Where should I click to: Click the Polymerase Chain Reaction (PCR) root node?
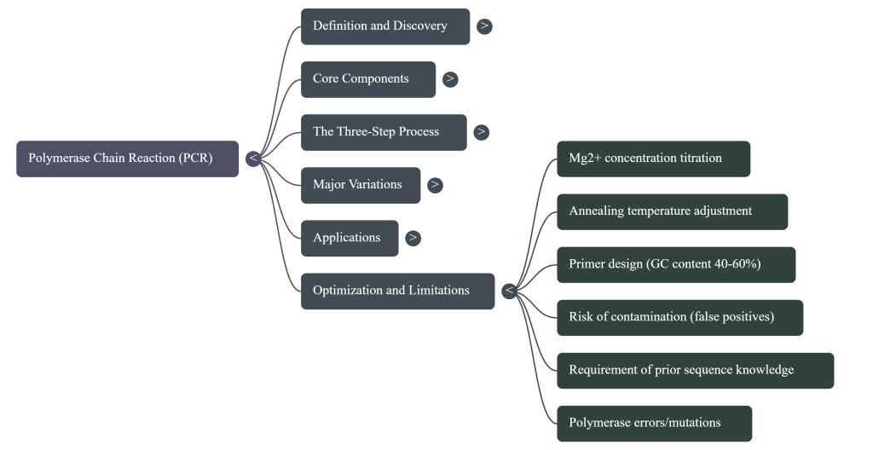tap(127, 159)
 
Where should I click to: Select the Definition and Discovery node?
tap(384, 26)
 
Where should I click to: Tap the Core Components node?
tap(367, 79)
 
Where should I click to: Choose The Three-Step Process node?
tap(383, 132)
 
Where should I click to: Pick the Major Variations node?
tap(360, 185)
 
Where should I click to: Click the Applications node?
tap(349, 238)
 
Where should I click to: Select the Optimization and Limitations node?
tap(396, 291)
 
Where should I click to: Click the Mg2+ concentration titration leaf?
tap(653, 159)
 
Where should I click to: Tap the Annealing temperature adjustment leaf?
tap(672, 211)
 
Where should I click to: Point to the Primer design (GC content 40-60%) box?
tap(676, 264)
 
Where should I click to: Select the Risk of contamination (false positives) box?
tap(679, 317)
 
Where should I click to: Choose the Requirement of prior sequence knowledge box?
tap(695, 370)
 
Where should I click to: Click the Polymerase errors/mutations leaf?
tap(654, 423)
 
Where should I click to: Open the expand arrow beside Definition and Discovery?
tap(484, 26)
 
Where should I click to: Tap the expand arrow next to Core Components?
tap(450, 79)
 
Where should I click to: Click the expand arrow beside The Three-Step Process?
tap(482, 132)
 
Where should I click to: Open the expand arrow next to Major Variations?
tap(435, 185)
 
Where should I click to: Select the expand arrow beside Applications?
tap(413, 238)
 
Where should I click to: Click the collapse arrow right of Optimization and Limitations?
tap(509, 291)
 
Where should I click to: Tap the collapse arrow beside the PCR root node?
tap(252, 159)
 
